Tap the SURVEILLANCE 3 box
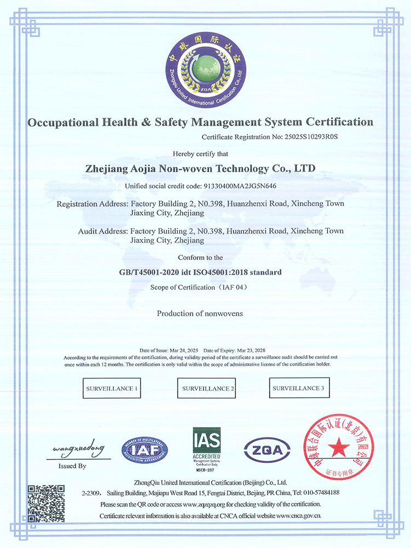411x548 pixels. (x=298, y=387)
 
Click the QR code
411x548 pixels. (x=47, y=503)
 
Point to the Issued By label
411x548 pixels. (x=72, y=466)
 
